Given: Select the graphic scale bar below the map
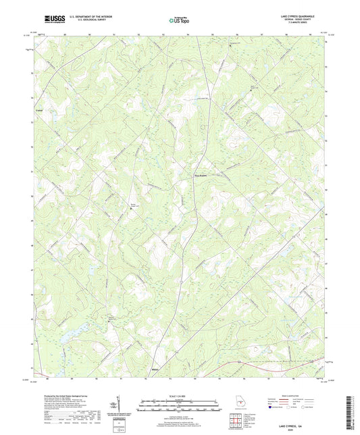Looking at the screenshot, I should pos(179,407).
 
